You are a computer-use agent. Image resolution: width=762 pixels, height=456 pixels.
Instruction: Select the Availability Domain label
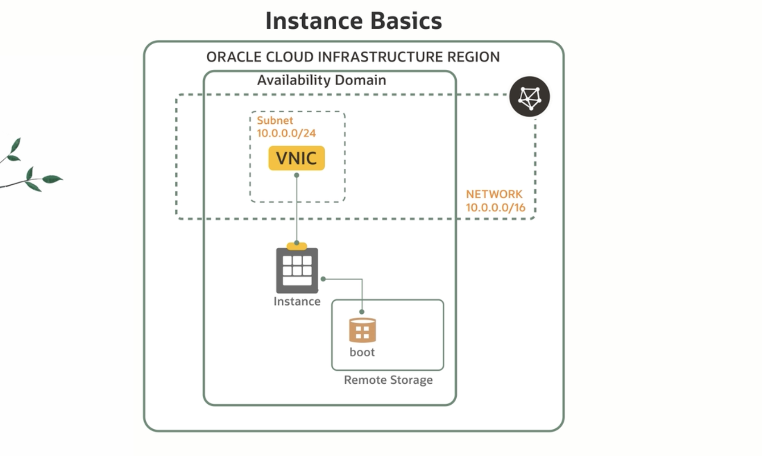pyautogui.click(x=321, y=80)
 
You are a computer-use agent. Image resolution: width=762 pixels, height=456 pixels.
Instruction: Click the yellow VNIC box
pyautogui.click(x=296, y=158)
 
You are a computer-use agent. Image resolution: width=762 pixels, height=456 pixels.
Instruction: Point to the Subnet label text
pyautogui.click(x=275, y=120)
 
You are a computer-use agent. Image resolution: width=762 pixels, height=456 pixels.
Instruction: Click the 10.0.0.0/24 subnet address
pyautogui.click(x=286, y=133)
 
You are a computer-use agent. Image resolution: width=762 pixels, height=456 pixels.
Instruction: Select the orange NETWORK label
pyautogui.click(x=494, y=194)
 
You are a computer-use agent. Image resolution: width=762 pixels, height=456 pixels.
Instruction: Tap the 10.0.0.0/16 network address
pyautogui.click(x=495, y=208)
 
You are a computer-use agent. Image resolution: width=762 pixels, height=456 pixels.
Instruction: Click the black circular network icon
pyautogui.click(x=529, y=97)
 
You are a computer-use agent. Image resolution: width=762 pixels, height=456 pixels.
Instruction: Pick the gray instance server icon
pyautogui.click(x=297, y=270)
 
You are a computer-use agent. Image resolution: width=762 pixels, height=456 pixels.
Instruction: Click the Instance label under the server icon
pyautogui.click(x=297, y=301)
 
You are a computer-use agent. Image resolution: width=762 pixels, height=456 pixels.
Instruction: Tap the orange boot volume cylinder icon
pyautogui.click(x=362, y=330)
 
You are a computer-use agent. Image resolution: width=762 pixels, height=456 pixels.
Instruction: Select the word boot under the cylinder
pyautogui.click(x=362, y=352)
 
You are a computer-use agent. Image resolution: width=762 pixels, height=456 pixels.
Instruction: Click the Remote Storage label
pyautogui.click(x=388, y=380)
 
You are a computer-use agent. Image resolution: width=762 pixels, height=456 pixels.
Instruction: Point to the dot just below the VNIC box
pyautogui.click(x=296, y=175)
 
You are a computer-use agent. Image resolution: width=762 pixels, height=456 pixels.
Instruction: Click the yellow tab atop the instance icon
pyautogui.click(x=297, y=246)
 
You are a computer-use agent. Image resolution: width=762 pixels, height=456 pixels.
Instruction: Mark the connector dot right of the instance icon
pyautogui.click(x=323, y=279)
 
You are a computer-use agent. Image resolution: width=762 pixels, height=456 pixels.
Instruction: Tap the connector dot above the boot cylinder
pyautogui.click(x=362, y=311)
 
